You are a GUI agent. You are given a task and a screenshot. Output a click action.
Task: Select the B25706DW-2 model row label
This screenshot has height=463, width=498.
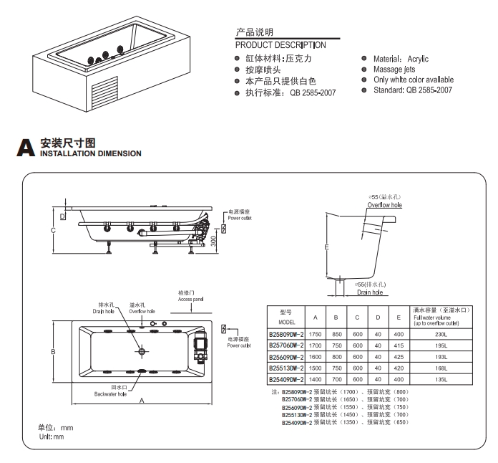click(x=287, y=345)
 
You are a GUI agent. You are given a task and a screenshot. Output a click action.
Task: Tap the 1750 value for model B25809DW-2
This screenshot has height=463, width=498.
click(x=316, y=335)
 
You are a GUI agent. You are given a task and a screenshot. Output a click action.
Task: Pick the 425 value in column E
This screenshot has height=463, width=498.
click(x=399, y=356)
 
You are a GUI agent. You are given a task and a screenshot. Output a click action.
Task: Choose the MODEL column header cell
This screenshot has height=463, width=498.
click(x=287, y=317)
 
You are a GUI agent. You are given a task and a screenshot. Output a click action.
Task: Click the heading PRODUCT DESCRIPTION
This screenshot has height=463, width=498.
click(x=280, y=45)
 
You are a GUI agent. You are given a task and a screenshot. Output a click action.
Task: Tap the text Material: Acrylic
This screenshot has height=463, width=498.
click(x=401, y=59)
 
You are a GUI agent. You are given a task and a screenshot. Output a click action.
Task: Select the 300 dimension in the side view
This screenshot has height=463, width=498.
click(x=214, y=243)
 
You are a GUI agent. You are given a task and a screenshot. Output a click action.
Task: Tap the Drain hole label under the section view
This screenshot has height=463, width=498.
click(x=371, y=292)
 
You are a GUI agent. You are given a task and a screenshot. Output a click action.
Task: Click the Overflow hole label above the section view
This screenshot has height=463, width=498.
click(x=385, y=205)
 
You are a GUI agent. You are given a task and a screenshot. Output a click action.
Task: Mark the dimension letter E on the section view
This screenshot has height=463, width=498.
click(x=326, y=247)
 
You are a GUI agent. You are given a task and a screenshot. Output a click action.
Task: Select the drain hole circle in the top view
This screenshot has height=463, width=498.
click(x=142, y=351)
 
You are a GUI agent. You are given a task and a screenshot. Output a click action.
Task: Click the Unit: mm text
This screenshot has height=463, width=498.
click(x=51, y=436)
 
